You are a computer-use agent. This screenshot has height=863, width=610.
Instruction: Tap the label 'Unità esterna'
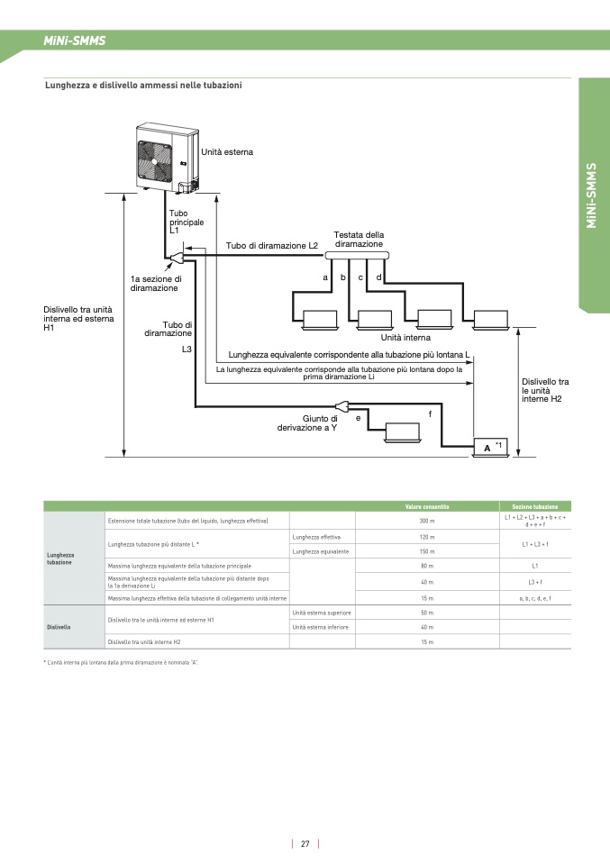click(x=227, y=152)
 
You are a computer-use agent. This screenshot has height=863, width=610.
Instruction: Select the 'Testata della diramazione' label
click(x=359, y=240)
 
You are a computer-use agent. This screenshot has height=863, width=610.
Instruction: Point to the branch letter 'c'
click(x=360, y=277)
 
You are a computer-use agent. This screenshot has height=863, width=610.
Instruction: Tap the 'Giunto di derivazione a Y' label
click(x=307, y=423)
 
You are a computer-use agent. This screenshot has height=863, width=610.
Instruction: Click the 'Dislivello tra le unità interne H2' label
click(x=545, y=390)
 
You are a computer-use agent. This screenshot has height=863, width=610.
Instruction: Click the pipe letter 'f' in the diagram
click(x=430, y=413)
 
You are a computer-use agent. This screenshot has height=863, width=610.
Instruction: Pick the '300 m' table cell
click(x=427, y=521)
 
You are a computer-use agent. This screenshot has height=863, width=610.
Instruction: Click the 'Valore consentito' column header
click(x=427, y=506)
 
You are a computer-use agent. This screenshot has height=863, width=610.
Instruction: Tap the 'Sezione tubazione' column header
click(x=534, y=506)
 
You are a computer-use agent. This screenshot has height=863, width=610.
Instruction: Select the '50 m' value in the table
click(x=427, y=613)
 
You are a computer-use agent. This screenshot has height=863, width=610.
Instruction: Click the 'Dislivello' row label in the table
click(x=59, y=626)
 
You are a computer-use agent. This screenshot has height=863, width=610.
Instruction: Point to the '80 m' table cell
click(x=427, y=565)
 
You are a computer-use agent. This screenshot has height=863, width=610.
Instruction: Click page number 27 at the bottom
click(x=305, y=844)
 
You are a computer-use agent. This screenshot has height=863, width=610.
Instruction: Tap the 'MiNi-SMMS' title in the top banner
click(x=75, y=41)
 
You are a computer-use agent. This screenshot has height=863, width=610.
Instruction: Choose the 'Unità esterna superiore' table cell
click(x=322, y=613)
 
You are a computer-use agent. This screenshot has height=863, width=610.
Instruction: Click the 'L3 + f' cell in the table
click(x=534, y=582)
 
